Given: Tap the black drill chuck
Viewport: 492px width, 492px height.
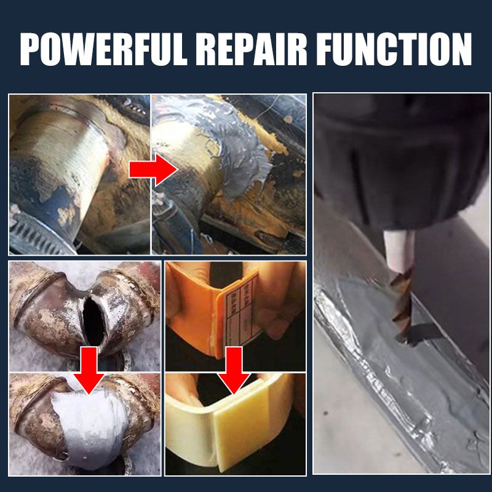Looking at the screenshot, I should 400,160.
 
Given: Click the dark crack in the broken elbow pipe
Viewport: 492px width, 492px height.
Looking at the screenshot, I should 94,319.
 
